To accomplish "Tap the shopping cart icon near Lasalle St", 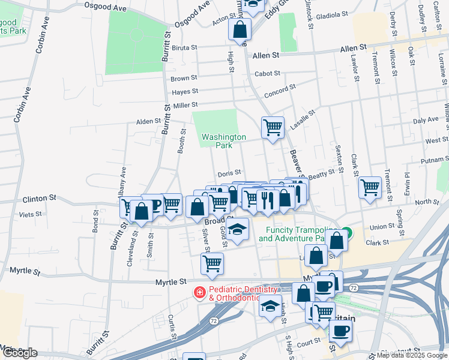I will pos(273,127).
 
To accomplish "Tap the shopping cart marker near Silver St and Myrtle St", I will pos(212,263).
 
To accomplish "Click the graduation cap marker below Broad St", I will pos(238,229).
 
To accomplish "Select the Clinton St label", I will pos(39,197).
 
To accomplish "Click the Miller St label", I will pos(185,106).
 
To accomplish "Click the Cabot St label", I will pos(267,74).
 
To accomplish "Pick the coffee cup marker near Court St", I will pos(341,331).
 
